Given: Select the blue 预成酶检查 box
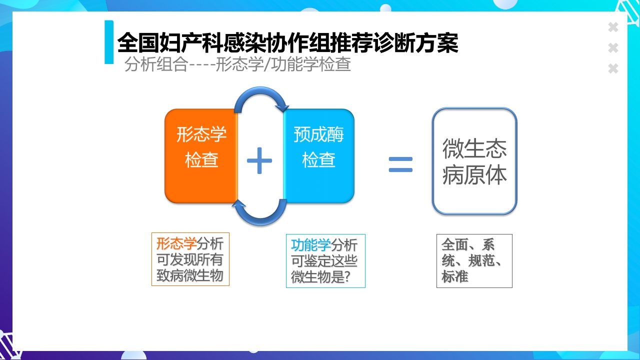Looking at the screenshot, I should (x=318, y=156).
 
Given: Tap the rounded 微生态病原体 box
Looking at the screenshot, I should (x=474, y=161).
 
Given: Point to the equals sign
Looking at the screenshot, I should (x=400, y=164).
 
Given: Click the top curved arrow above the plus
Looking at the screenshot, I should (x=261, y=96).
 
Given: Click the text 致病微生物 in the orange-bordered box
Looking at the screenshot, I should (x=189, y=275).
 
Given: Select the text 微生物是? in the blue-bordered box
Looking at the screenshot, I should (x=320, y=277).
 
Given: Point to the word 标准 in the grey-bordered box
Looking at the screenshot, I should (x=454, y=276).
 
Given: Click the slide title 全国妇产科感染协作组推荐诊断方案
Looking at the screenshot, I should (x=287, y=43).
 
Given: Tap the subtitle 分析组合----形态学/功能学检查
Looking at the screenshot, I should (x=237, y=64).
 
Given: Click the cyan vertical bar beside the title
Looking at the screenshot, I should (x=109, y=42).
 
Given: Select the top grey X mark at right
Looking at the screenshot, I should (x=613, y=27).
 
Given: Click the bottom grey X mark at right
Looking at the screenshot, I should (x=613, y=68).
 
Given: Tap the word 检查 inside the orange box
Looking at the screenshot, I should (x=201, y=160).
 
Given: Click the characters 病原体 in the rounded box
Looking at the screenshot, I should (x=474, y=175).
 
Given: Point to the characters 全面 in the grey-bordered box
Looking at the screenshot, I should (x=454, y=244).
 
